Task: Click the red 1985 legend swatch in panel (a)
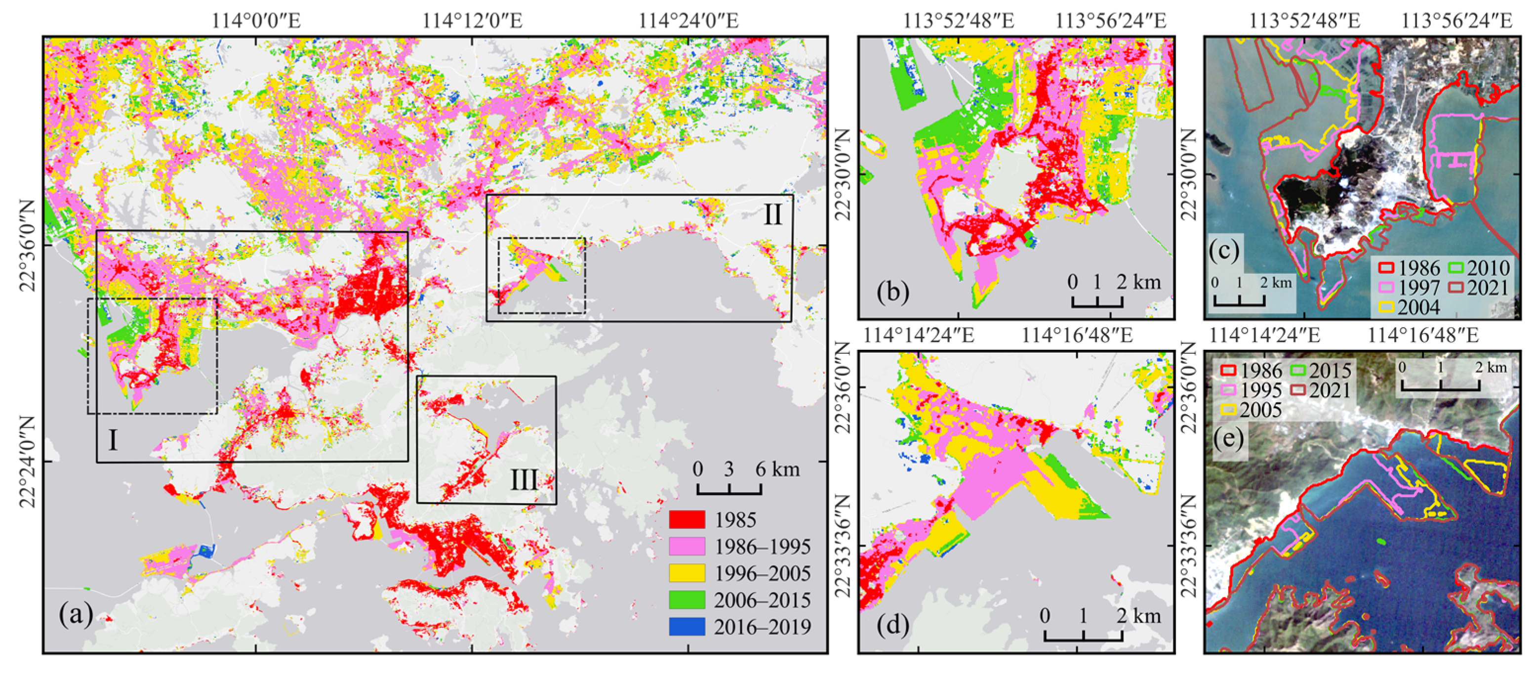pyautogui.click(x=687, y=519)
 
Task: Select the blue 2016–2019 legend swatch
pyautogui.click(x=687, y=626)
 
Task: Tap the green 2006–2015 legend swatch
pyautogui.click(x=687, y=599)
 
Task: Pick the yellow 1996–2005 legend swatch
pyautogui.click(x=687, y=573)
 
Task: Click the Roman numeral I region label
pyautogui.click(x=113, y=441)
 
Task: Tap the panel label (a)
pyautogui.click(x=76, y=614)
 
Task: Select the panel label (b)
pyautogui.click(x=892, y=292)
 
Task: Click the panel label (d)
pyautogui.click(x=892, y=625)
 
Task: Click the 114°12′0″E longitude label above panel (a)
pyautogui.click(x=472, y=21)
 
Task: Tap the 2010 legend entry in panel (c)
pyautogui.click(x=1479, y=268)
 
